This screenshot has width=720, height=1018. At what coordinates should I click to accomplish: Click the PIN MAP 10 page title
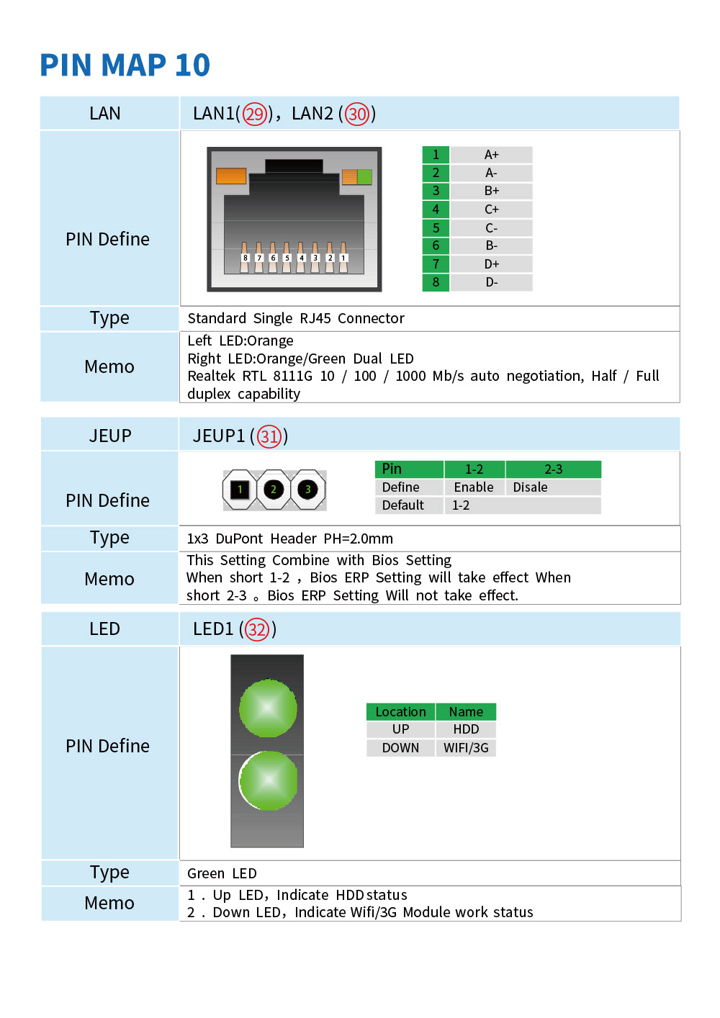point(125,65)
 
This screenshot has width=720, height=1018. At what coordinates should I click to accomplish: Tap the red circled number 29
point(255,114)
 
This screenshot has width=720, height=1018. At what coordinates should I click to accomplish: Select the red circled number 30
point(357,114)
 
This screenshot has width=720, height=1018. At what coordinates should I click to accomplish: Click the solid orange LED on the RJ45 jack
point(231,176)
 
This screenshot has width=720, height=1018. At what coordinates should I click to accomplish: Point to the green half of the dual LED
point(364,177)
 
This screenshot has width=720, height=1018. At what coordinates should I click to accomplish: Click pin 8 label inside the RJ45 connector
point(246,258)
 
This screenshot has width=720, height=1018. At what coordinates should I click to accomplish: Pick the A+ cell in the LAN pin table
point(491,155)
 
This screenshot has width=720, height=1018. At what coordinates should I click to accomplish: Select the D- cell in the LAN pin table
point(491,282)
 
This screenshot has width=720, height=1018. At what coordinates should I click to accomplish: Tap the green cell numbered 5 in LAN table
point(436,228)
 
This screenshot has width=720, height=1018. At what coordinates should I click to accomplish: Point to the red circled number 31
point(269,436)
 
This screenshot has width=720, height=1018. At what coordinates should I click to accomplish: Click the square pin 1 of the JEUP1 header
point(240,490)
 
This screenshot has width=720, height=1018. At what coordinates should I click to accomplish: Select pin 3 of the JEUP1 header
point(307,490)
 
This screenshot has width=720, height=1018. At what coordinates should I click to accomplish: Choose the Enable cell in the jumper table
point(474,487)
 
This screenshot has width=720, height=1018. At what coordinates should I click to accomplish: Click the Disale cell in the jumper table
point(553,487)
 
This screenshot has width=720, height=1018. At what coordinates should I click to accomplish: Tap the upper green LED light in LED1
point(268,708)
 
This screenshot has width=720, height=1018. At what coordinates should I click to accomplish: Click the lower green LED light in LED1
point(268,780)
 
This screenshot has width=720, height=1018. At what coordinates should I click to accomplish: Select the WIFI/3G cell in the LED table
point(466,747)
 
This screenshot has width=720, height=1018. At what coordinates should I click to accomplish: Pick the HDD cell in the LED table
point(466,729)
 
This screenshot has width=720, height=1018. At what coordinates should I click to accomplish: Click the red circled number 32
point(257,629)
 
